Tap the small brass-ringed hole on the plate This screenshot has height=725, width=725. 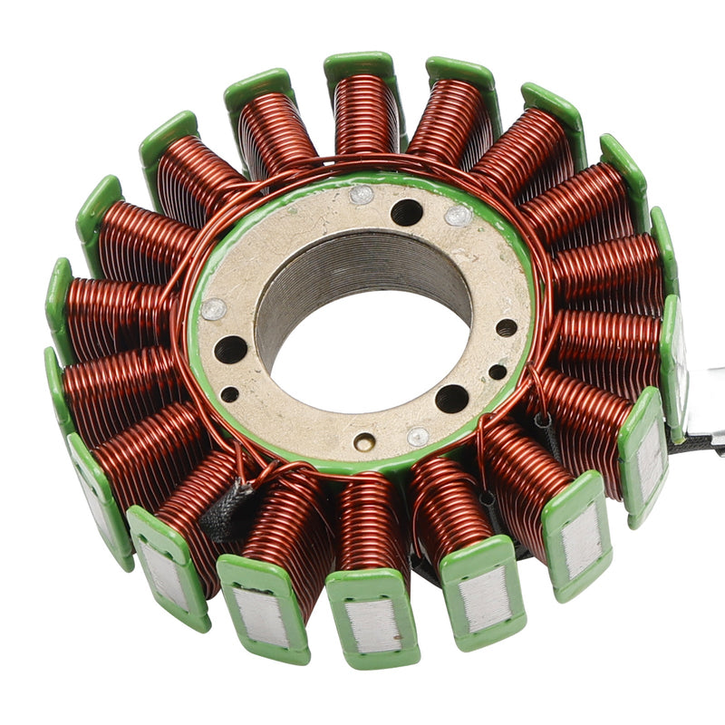(364, 442)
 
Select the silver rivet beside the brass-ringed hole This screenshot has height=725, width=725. (417, 437)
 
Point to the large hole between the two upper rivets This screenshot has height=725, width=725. (407, 212)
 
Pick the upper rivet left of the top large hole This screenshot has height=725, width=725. (361, 194)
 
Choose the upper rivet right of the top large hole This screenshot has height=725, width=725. (458, 215)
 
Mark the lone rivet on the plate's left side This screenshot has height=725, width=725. (214, 309)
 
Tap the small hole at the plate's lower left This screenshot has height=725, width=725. (230, 394)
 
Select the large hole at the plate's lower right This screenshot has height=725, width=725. (451, 397)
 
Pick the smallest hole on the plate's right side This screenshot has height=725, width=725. (498, 372)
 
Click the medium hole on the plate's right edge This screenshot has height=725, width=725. (507, 327)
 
